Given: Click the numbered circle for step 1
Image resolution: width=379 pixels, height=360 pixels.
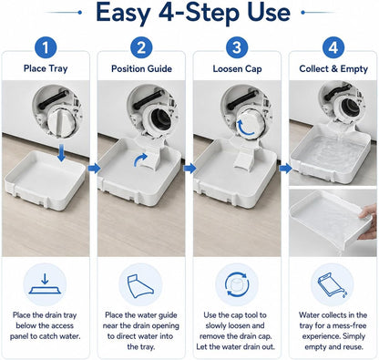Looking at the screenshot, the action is point(46,47).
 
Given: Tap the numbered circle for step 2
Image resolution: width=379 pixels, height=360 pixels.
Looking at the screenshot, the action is point(141,47).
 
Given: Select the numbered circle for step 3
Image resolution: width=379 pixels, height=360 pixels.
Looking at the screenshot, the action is point(237,47).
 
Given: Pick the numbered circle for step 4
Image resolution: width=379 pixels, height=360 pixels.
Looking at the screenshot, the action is point(333,47).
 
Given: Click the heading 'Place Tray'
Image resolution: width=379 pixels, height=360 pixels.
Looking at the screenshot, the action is point(46,68).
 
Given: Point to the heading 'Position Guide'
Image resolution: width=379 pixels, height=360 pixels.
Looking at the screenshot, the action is point(141,68).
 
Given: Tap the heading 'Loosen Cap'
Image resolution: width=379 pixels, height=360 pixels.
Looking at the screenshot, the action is point(237,69).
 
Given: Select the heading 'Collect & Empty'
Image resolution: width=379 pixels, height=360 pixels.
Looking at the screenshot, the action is point(333,69).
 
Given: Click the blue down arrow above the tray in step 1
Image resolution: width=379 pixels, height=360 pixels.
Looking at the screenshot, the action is point(61,153).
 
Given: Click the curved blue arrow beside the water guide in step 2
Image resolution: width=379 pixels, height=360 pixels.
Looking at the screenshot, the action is point(140,159).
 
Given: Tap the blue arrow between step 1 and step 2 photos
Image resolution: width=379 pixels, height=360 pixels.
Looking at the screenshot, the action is point(94,168).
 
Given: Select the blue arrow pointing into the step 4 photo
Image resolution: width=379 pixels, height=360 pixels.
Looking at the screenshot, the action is point(285,168).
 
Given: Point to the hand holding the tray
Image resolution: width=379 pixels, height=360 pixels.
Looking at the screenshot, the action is point(368,220).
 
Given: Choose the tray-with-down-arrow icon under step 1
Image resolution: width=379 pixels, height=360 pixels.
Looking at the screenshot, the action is point(45,283).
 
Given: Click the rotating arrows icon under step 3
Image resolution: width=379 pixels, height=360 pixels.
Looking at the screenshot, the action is point(237,284).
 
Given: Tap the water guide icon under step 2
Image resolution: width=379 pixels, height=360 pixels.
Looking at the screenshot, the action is point(140,286).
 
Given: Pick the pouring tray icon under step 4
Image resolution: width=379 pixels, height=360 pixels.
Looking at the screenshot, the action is point(333,284).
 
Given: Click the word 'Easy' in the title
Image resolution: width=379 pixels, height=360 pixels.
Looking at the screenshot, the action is point(123,13).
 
